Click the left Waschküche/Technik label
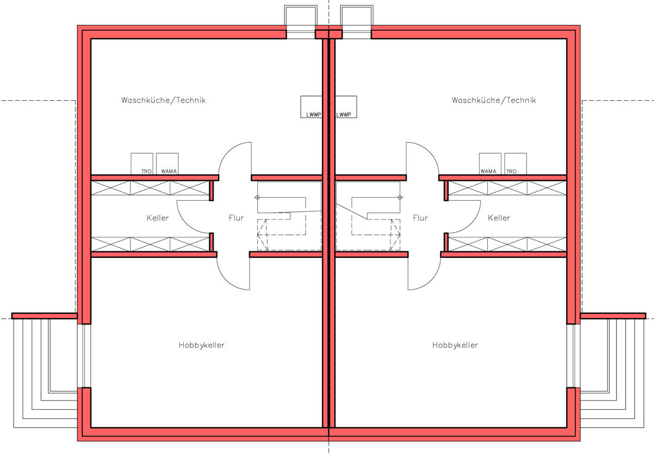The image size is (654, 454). pyautogui.click(x=163, y=100)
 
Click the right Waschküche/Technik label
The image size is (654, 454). pyautogui.click(x=494, y=100)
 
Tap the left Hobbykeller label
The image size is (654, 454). pyautogui.click(x=202, y=345)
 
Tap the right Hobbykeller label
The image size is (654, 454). pyautogui.click(x=455, y=345)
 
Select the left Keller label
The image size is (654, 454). pyautogui.click(x=158, y=218)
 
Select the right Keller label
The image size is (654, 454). pyautogui.click(x=499, y=218)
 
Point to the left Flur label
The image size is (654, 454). pyautogui.click(x=236, y=218)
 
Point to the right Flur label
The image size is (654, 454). pyautogui.click(x=420, y=218)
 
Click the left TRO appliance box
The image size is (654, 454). pyautogui.click(x=142, y=164)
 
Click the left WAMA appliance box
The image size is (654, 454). pyautogui.click(x=167, y=164)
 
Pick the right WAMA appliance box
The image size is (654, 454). pyautogui.click(x=490, y=164)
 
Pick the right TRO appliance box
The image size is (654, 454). pyautogui.click(x=515, y=164)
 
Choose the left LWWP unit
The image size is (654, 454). pyautogui.click(x=312, y=107)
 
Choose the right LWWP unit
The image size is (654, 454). pyautogui.click(x=345, y=107)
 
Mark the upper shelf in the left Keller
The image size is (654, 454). pyautogui.click(x=150, y=188)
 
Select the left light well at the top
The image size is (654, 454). pyautogui.click(x=301, y=22)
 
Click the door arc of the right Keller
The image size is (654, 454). pyautogui.click(x=463, y=218)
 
